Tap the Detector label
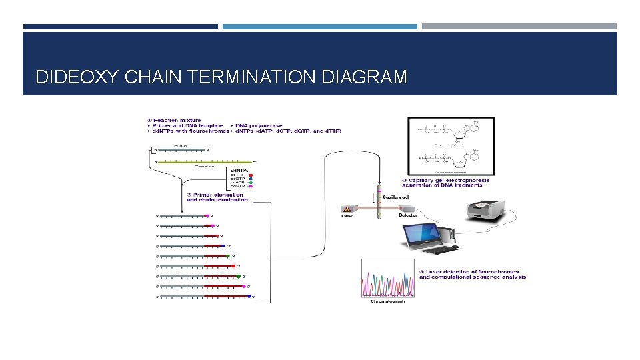tap(408, 215)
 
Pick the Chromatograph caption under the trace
tap(388, 301)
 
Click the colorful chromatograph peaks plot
tap(387, 279)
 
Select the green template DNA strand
tap(207, 161)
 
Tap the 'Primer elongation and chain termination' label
tap(217, 197)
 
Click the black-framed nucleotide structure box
tap(451, 146)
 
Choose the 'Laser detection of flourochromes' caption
tap(472, 275)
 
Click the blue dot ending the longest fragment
tap(249, 297)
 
